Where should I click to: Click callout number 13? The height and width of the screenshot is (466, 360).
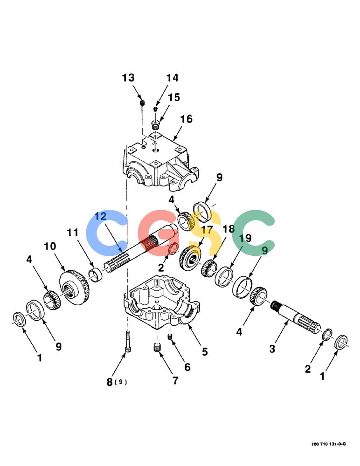[x=128, y=78]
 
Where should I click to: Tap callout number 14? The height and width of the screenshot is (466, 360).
[x=172, y=78]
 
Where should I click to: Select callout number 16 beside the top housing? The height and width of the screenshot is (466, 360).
[x=186, y=119]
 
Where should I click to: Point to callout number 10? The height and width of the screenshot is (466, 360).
[x=50, y=246]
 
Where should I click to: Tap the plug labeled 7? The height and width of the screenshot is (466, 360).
[x=157, y=348]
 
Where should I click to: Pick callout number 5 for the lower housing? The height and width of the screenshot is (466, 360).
[x=205, y=351]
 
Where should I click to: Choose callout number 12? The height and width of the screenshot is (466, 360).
[x=101, y=216]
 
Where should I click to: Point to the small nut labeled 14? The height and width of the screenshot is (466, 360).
[x=155, y=109]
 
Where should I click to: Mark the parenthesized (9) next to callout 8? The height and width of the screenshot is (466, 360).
[x=120, y=382]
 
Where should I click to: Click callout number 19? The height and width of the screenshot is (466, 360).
[x=245, y=238]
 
